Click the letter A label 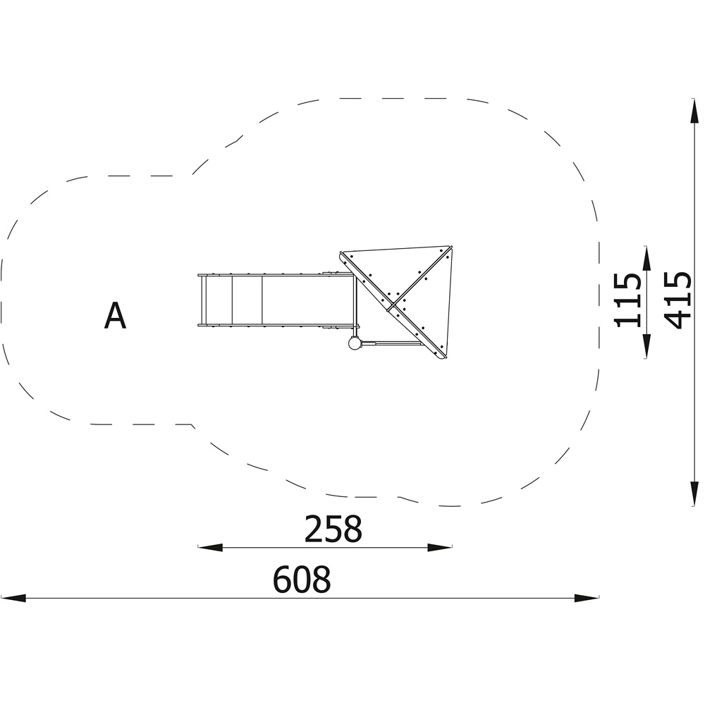click(115, 316)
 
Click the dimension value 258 click(333, 529)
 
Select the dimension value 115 click(627, 300)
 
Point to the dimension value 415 click(677, 300)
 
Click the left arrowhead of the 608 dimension click(13, 598)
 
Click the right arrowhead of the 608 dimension click(587, 598)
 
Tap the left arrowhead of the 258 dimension click(210, 547)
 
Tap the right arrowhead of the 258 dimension click(440, 547)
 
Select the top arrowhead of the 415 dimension click(694, 111)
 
